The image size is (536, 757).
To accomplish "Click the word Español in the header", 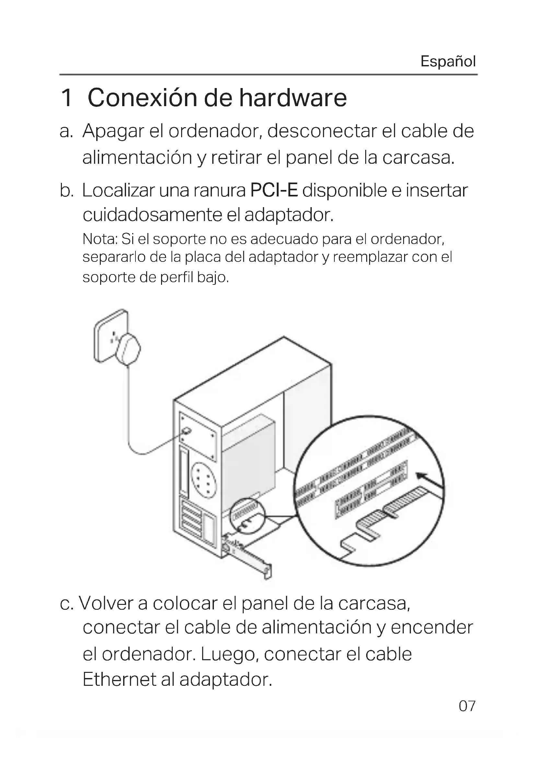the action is pyautogui.click(x=448, y=61).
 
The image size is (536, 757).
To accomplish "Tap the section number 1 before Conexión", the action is pyautogui.click(x=67, y=98).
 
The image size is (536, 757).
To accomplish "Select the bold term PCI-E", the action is pyautogui.click(x=274, y=191).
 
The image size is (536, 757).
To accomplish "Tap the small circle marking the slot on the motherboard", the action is pyautogui.click(x=249, y=517).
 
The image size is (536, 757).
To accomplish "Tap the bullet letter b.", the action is pyautogui.click(x=67, y=191).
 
